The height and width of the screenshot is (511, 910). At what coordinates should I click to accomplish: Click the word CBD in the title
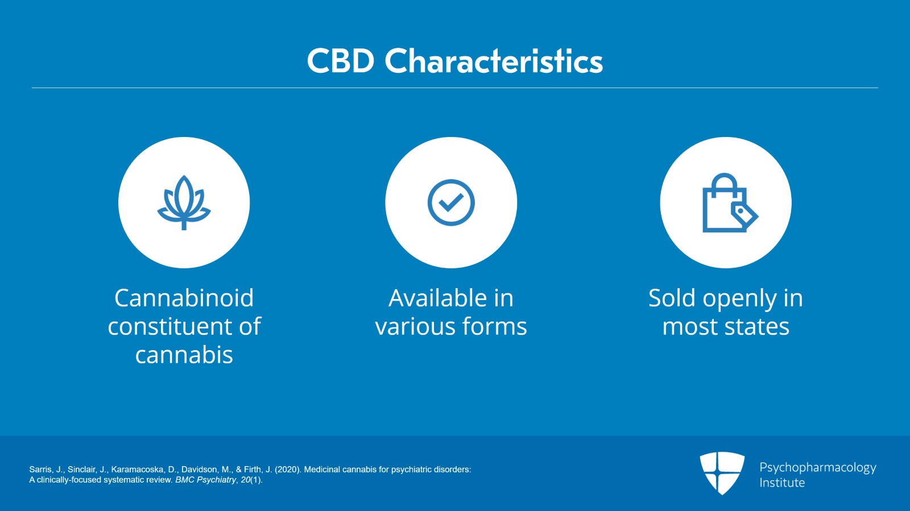tap(341, 61)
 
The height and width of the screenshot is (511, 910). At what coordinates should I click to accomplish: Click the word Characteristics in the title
tap(494, 61)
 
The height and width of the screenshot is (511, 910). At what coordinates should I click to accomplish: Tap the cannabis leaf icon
tap(184, 202)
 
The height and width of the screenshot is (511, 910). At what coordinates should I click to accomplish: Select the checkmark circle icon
tap(451, 202)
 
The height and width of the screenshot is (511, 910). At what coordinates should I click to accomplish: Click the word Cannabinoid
tap(184, 298)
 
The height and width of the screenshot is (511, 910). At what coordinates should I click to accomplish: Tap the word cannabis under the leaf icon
tap(184, 355)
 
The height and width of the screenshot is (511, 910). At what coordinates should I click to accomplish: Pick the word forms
tap(494, 326)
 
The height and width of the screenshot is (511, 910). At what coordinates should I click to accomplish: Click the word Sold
tap(672, 298)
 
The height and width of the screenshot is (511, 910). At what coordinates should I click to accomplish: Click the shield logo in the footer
tap(722, 472)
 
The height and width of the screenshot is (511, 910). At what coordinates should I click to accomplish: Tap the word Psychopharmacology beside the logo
tap(817, 467)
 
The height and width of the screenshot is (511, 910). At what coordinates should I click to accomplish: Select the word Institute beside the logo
tap(782, 483)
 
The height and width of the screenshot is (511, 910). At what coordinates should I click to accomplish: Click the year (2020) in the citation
tap(287, 470)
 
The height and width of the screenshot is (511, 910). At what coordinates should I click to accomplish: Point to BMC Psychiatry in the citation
tap(205, 480)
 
